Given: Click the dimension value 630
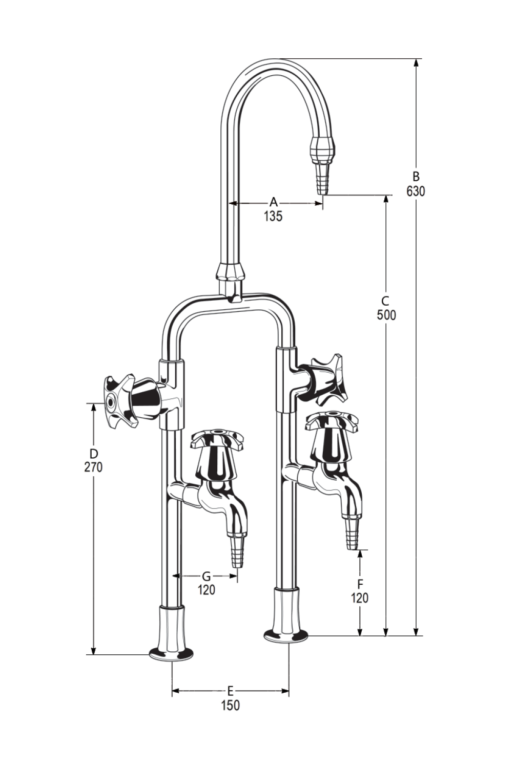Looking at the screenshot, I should tap(416, 191).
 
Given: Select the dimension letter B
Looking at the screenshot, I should tap(416, 177).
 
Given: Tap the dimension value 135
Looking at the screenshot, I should tap(273, 216).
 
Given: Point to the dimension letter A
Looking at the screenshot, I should tap(274, 202).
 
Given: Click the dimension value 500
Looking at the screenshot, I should tap(386, 315).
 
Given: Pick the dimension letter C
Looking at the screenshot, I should tap(386, 301).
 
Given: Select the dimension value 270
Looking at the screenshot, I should tap(93, 467).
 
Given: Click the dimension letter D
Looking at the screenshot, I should tap(93, 453).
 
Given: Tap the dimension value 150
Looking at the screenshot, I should tap(230, 705).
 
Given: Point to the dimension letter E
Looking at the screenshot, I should tap(230, 691).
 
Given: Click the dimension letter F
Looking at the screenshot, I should tap(360, 584).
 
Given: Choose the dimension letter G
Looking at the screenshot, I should tap(207, 577).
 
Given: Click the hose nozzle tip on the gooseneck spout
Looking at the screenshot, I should tap(322, 177).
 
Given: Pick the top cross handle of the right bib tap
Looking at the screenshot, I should tap(332, 419).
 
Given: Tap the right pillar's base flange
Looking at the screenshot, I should tap(286, 635).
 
